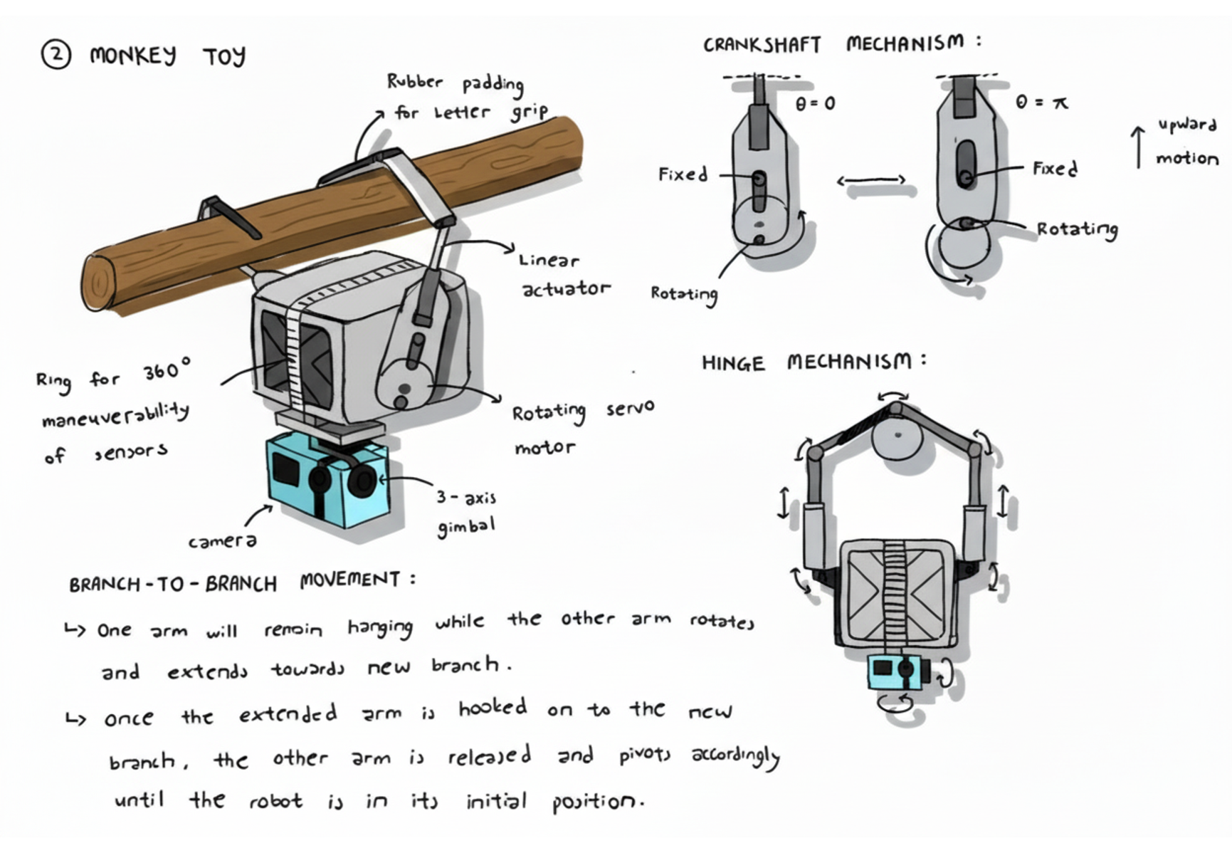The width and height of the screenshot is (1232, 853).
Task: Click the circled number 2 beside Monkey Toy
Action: [x=56, y=55]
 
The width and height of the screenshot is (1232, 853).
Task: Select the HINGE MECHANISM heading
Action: [x=813, y=362]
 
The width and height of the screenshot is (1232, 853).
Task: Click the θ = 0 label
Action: [x=815, y=104]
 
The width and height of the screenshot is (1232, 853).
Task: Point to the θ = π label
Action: [x=1041, y=103]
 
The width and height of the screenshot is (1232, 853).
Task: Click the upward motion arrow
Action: [x=1138, y=147]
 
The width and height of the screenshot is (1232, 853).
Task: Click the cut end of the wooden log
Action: [x=100, y=283]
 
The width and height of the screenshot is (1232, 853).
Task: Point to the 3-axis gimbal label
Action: [x=466, y=512]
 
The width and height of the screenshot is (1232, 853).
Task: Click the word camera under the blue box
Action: [x=222, y=542]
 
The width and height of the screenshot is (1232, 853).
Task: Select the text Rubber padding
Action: [x=456, y=83]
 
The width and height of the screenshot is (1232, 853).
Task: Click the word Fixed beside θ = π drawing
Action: [x=1055, y=169]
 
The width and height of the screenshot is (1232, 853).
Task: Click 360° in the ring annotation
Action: [x=167, y=371]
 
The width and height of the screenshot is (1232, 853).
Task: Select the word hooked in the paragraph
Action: [x=493, y=708]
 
